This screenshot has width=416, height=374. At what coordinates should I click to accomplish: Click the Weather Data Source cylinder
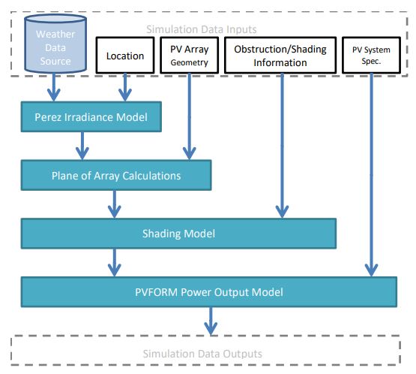click(55, 44)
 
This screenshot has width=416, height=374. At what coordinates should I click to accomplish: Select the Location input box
click(125, 56)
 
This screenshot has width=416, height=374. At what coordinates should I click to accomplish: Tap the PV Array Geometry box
click(190, 56)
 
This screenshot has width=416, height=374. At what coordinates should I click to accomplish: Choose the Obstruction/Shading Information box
click(280, 56)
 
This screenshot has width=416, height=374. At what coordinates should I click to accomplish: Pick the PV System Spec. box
click(372, 56)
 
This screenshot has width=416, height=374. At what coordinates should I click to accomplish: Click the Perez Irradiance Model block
click(91, 116)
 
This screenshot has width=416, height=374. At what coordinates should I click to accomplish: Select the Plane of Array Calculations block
click(116, 175)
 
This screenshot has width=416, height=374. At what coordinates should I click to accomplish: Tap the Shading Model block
click(178, 234)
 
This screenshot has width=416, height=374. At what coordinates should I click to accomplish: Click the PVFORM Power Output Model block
click(209, 292)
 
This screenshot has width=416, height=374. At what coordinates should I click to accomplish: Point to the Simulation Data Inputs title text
click(202, 29)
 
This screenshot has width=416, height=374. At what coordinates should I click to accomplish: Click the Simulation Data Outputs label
click(202, 354)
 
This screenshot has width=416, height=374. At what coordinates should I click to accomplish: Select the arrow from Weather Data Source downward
click(54, 87)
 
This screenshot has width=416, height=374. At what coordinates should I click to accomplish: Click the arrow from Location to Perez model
click(125, 87)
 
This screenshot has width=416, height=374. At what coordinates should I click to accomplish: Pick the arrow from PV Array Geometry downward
click(190, 116)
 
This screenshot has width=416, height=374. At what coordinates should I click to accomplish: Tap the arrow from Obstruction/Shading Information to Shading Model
click(282, 146)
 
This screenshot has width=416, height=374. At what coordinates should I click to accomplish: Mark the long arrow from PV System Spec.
click(372, 175)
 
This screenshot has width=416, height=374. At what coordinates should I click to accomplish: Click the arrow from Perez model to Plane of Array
click(82, 146)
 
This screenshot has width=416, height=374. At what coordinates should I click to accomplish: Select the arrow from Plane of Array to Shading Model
click(115, 204)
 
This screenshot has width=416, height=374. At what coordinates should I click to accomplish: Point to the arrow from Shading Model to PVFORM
click(115, 263)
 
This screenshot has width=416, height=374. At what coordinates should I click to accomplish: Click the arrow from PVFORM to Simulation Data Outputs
click(211, 321)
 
